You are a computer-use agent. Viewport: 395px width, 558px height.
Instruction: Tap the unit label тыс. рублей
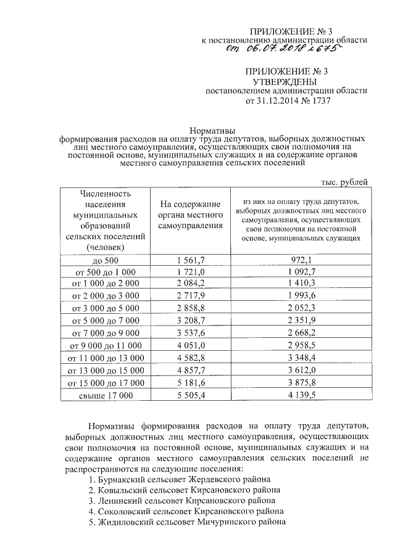point(345,181)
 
